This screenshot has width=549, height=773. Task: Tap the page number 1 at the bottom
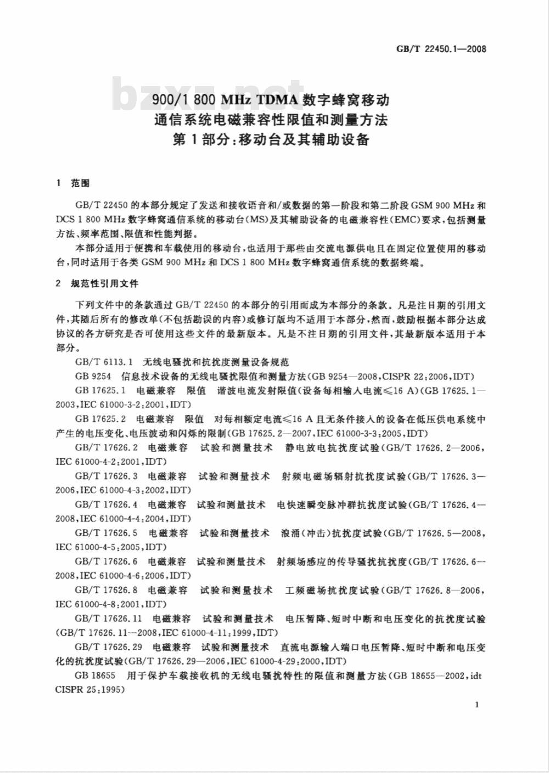[477, 704]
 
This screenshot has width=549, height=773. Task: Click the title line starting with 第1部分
[271, 139]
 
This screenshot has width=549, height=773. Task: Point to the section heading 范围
[80, 183]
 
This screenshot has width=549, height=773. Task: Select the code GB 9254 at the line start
[93, 376]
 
